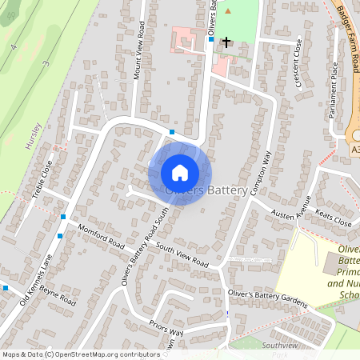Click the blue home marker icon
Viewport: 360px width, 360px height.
click(180, 173)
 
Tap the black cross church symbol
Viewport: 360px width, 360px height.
click(226, 41)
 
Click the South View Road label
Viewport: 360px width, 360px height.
click(182, 254)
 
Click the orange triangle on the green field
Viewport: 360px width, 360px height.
click(226, 10)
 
